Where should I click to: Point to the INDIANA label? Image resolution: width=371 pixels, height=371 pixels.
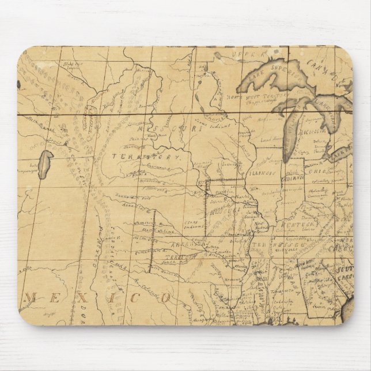point(293,180)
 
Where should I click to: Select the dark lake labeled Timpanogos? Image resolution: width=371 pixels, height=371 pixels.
point(46,161)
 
